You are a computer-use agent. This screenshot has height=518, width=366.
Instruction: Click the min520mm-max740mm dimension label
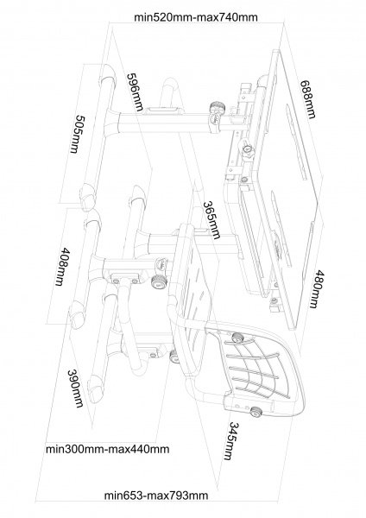pos(196,17)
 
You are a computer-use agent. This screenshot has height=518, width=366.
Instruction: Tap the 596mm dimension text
pos(136,92)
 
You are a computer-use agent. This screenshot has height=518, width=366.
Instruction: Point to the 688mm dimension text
pos(308,99)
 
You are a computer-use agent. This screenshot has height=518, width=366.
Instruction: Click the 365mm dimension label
pos(211,219)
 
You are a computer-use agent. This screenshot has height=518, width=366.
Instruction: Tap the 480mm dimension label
pos(315,289)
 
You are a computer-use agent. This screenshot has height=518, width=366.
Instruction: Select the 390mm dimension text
pos(75,388)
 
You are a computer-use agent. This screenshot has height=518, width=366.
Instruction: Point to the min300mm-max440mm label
pos(107,449)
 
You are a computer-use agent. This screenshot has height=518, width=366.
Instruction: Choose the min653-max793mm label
pos(156,496)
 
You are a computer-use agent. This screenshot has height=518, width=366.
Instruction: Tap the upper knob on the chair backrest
pos(237,338)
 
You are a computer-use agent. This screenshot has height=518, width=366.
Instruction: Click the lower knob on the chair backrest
pos(256,412)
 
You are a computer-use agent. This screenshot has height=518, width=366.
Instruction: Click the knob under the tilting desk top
pos(248,150)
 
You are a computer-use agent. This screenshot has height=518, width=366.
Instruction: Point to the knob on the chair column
pos(159,282)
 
